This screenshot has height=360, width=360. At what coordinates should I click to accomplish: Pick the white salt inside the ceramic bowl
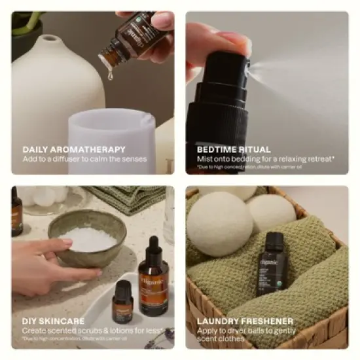(88, 238)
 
